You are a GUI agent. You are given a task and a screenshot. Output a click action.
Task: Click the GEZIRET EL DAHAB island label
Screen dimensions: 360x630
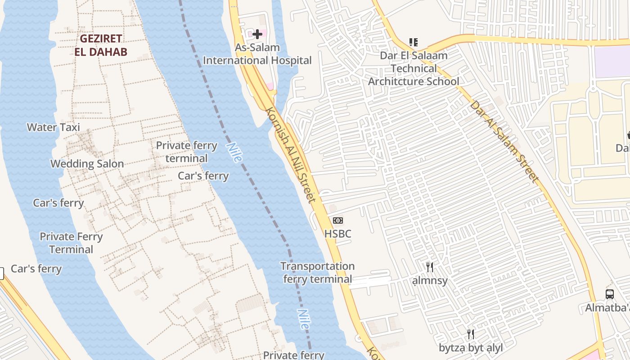(101, 45)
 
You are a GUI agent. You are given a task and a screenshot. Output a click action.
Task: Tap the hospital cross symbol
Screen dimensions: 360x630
(257, 34)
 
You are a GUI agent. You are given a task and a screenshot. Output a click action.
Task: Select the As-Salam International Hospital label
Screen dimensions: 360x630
(257, 54)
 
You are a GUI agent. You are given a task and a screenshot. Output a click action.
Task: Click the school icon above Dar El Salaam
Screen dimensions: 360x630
(414, 42)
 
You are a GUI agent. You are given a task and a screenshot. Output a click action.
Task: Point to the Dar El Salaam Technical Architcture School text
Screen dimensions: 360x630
(414, 68)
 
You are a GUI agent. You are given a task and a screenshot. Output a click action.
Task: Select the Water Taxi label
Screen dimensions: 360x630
(54, 127)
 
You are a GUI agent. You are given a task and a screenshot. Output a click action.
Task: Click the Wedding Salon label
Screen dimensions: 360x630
(87, 164)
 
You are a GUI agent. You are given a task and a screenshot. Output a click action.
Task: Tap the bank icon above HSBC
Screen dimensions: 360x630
(338, 220)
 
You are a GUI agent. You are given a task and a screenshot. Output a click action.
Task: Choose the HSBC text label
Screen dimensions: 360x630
(338, 234)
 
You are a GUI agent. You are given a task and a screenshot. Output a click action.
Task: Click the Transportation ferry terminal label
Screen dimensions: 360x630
(318, 273)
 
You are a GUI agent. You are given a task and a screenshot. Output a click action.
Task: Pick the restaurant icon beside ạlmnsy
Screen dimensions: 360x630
(430, 267)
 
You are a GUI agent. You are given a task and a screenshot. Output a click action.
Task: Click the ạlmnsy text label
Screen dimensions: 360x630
(430, 281)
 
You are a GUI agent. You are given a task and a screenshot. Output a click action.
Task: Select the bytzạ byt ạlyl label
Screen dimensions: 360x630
(471, 347)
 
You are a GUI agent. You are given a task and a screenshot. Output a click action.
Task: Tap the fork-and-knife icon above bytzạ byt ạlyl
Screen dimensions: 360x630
(471, 334)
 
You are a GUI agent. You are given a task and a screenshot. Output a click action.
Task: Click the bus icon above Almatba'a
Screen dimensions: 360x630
(610, 294)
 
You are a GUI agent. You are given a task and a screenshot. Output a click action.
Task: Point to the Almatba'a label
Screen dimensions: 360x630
(607, 308)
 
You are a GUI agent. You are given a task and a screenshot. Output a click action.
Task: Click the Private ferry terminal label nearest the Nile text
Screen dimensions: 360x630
(186, 152)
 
